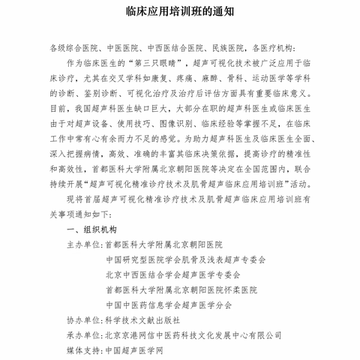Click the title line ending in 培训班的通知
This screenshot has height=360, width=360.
[x=179, y=13]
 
